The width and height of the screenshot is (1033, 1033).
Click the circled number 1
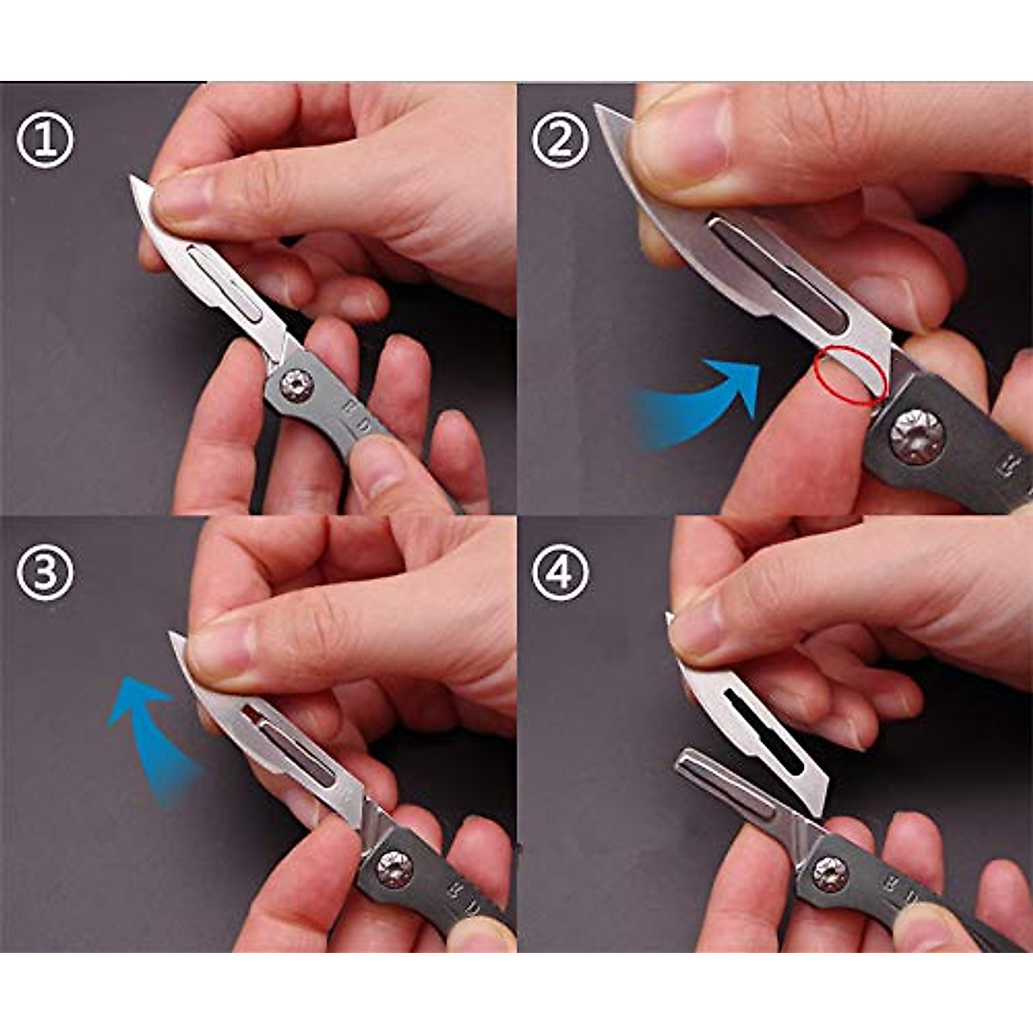click(45, 140)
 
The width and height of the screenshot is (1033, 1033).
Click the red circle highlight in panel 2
click(850, 375)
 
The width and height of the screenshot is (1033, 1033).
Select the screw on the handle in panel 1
click(297, 384)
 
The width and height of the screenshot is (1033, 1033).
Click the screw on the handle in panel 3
click(394, 865)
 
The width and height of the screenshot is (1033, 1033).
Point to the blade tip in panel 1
click(133, 180)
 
